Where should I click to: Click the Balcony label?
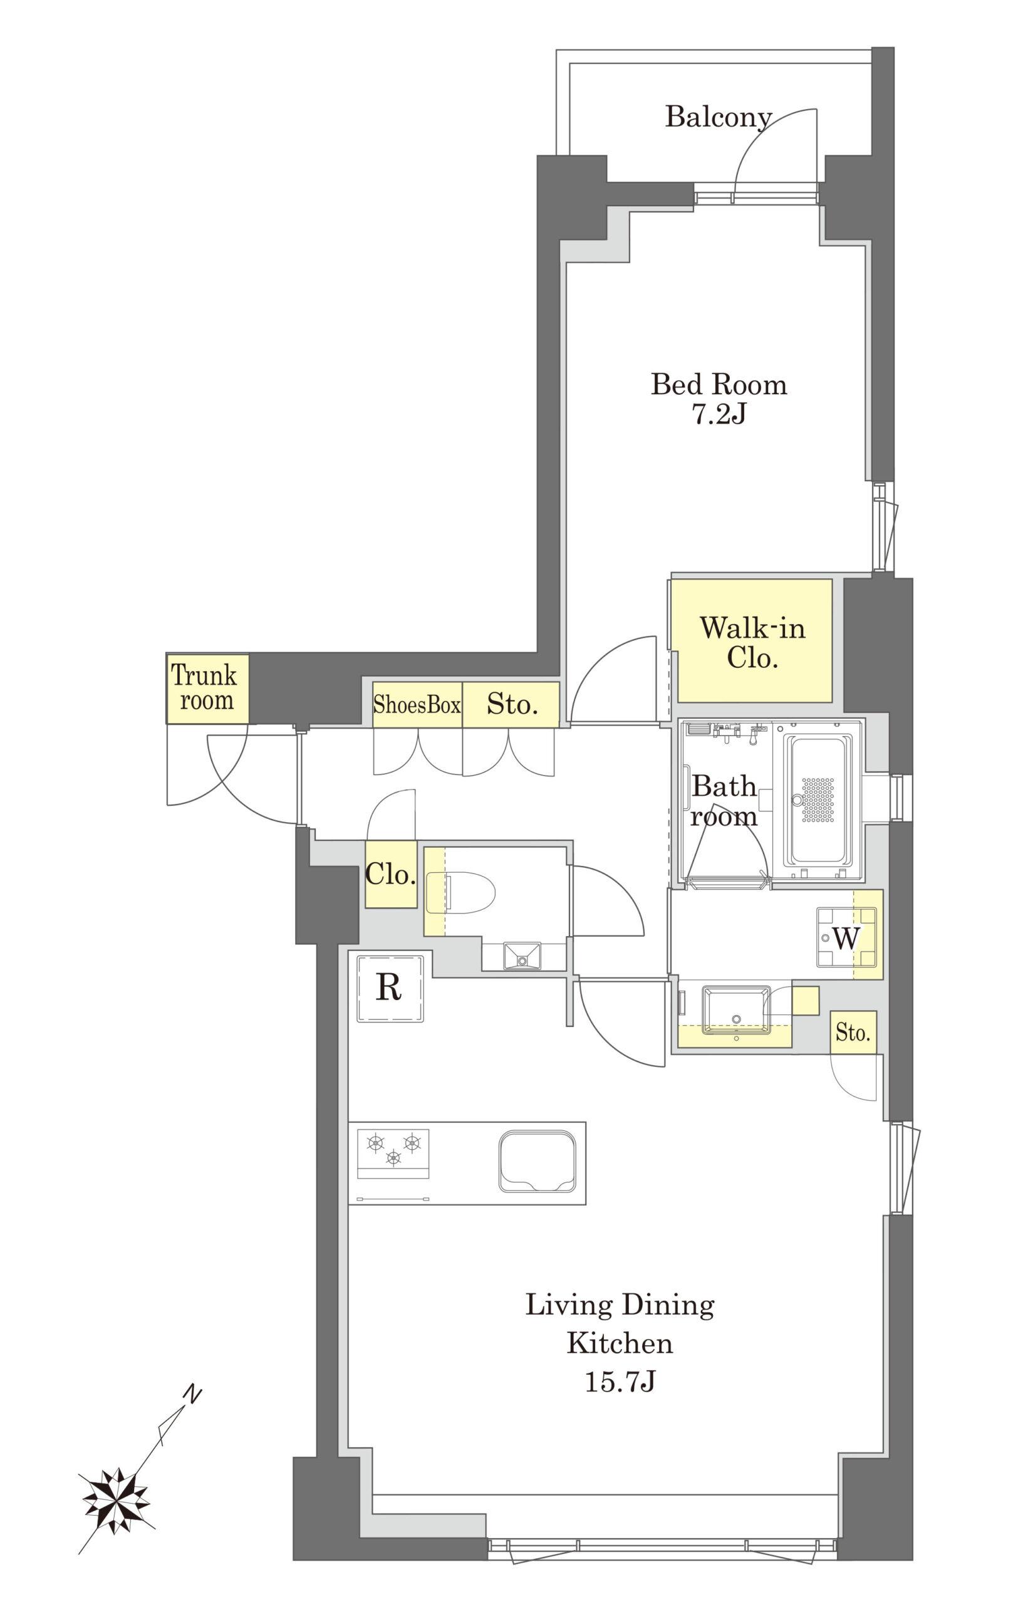[x=719, y=117]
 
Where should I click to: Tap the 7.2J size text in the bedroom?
[x=719, y=414]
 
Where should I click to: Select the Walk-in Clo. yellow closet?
[x=751, y=640]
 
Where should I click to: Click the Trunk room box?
[x=207, y=689]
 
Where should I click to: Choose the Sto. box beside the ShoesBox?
[x=511, y=704]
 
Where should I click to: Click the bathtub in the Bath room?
[x=818, y=801]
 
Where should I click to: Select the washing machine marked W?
[x=846, y=937]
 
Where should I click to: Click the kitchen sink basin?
[x=537, y=1161]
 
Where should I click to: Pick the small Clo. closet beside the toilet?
[x=391, y=874]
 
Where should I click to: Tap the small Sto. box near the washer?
[x=853, y=1033]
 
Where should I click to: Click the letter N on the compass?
[x=192, y=1393]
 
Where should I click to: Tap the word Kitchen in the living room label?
[x=620, y=1343]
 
